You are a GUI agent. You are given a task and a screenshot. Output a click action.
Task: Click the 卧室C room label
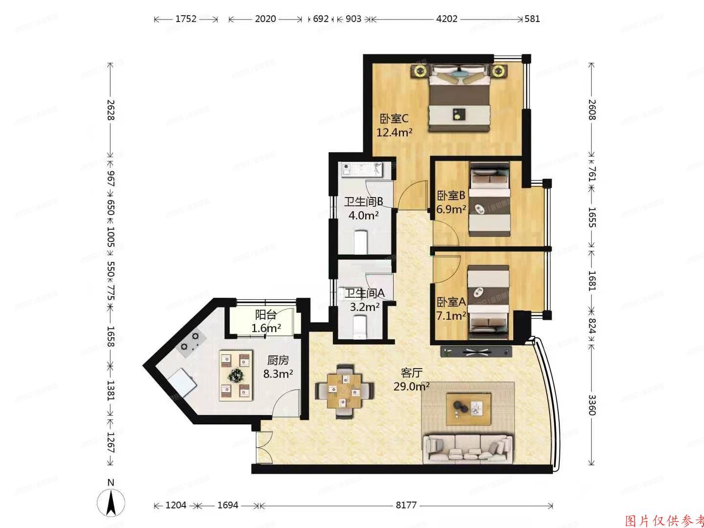click(x=394, y=119)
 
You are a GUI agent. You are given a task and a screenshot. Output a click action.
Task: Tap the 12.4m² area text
click(x=395, y=132)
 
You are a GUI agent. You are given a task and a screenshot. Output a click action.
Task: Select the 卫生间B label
click(x=363, y=202)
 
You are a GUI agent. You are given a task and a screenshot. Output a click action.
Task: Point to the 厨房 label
click(x=278, y=361)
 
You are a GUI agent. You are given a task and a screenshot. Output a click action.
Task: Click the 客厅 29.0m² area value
click(x=411, y=386)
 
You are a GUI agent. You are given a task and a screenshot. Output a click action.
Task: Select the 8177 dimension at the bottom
click(x=406, y=505)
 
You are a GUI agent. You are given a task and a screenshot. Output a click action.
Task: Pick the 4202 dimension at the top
click(x=446, y=19)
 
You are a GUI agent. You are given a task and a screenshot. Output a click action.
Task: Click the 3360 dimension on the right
click(x=592, y=405)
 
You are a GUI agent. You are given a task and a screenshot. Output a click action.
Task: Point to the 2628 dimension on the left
click(x=110, y=110)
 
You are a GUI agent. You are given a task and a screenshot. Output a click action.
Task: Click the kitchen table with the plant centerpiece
click(x=236, y=375)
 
